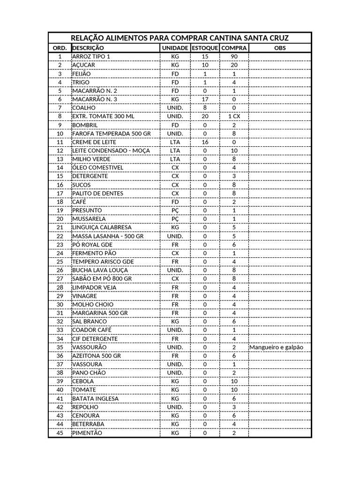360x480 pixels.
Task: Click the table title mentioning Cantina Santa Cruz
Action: (180, 38)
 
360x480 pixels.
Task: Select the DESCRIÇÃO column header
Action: (89, 48)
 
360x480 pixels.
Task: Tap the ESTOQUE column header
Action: (205, 48)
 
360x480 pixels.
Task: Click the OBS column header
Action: (280, 48)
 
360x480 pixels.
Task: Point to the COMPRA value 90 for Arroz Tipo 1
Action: (234, 56)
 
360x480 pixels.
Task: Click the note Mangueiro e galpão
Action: (277, 347)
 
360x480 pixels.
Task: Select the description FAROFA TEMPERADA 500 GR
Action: (112, 134)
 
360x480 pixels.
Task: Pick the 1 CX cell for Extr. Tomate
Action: (234, 116)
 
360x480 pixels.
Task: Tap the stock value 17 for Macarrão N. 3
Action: (205, 99)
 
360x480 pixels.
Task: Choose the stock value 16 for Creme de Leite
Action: (205, 142)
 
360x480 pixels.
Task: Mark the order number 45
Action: (60, 433)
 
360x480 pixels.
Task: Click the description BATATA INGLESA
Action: (95, 398)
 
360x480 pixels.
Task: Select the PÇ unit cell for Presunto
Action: (175, 210)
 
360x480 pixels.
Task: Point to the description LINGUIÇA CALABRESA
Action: (101, 227)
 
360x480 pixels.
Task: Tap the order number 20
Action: (60, 219)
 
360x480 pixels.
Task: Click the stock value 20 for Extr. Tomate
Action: (205, 116)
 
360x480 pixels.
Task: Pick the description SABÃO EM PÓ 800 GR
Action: (102, 278)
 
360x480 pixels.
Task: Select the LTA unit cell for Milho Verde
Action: (175, 159)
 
